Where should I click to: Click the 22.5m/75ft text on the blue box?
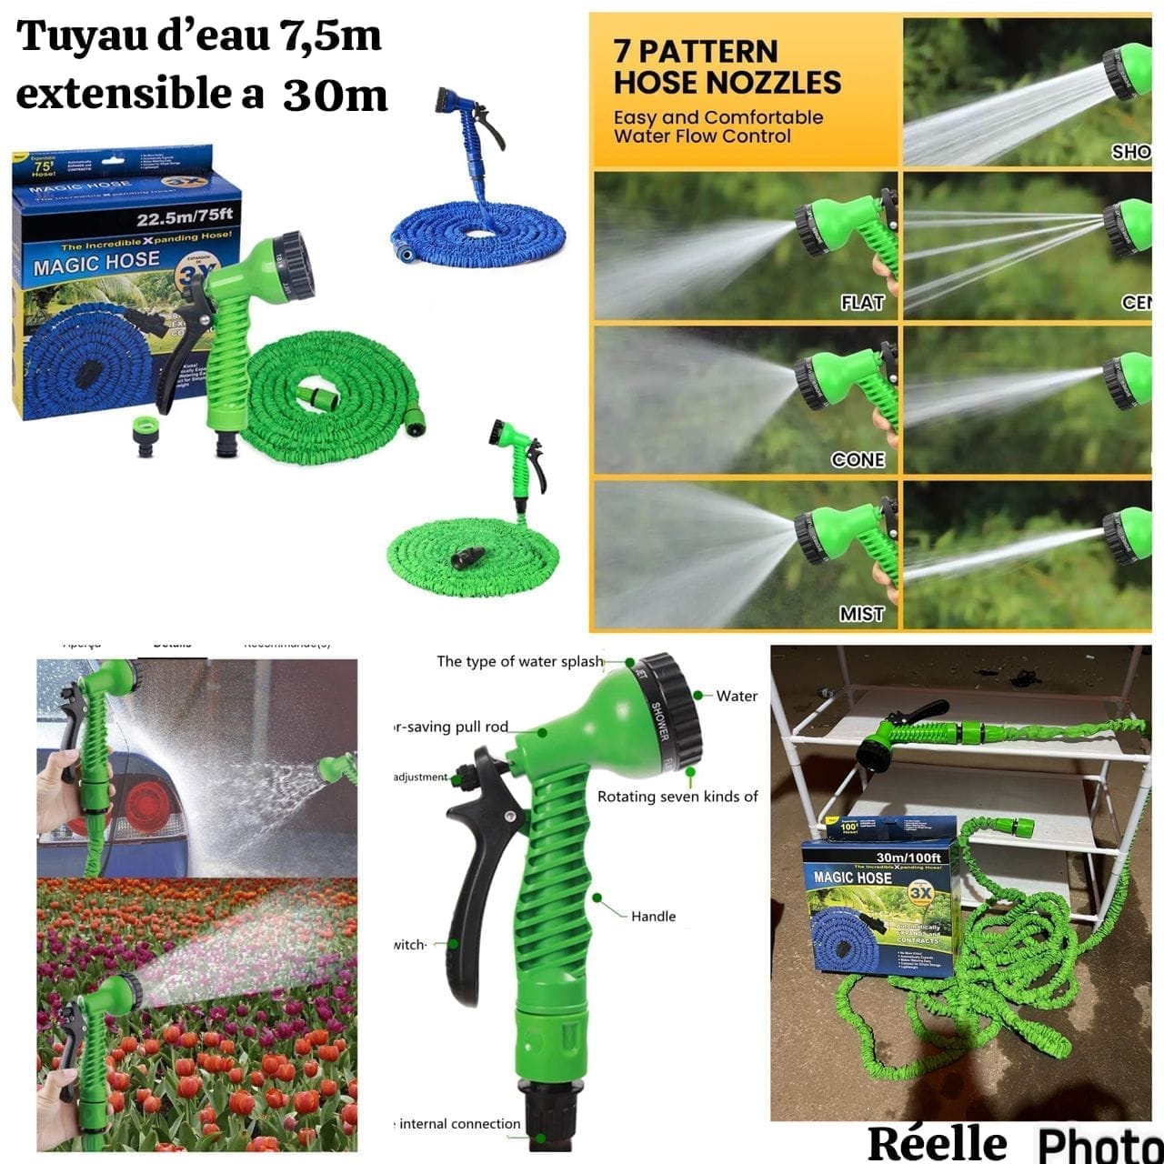pyautogui.click(x=185, y=217)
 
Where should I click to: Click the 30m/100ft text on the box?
pyautogui.click(x=908, y=857)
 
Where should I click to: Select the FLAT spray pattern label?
pyautogui.click(x=861, y=303)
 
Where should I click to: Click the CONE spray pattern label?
pyautogui.click(x=858, y=459)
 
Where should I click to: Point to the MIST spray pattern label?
pyautogui.click(x=861, y=614)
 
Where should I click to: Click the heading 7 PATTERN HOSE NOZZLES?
pyautogui.click(x=727, y=66)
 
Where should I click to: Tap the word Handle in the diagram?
pyautogui.click(x=653, y=916)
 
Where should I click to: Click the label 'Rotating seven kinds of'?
pyautogui.click(x=677, y=797)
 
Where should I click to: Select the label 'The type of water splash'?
pyautogui.click(x=519, y=661)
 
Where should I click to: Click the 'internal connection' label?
pyautogui.click(x=459, y=1124)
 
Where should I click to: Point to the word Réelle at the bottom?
pyautogui.click(x=937, y=1143)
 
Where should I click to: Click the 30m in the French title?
pyautogui.click(x=335, y=95)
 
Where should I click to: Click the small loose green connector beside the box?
pyautogui.click(x=145, y=436)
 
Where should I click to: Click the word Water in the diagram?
pyautogui.click(x=737, y=696)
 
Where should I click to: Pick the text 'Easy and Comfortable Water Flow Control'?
pyautogui.click(x=717, y=127)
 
